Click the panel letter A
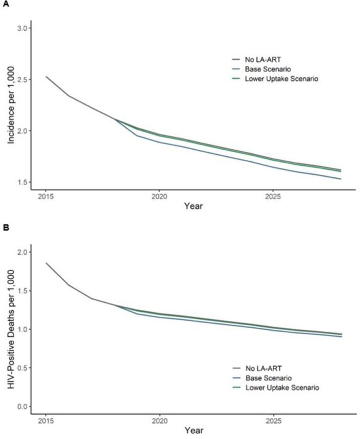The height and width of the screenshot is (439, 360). pyautogui.click(x=5, y=5)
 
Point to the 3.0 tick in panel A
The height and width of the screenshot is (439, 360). pyautogui.click(x=22, y=27)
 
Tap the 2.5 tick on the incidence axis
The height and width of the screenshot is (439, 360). pyautogui.click(x=22, y=79)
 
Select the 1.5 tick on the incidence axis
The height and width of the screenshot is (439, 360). pyautogui.click(x=22, y=182)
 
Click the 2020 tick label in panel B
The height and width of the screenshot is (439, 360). pyautogui.click(x=159, y=420)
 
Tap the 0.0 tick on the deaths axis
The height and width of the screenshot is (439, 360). pyautogui.click(x=22, y=406)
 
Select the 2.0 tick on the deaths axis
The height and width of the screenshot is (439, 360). pyautogui.click(x=22, y=252)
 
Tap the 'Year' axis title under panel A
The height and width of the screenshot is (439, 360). pyautogui.click(x=194, y=206)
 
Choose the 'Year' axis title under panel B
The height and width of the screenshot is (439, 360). pyautogui.click(x=194, y=431)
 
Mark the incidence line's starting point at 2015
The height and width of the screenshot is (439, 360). pyautogui.click(x=46, y=77)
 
